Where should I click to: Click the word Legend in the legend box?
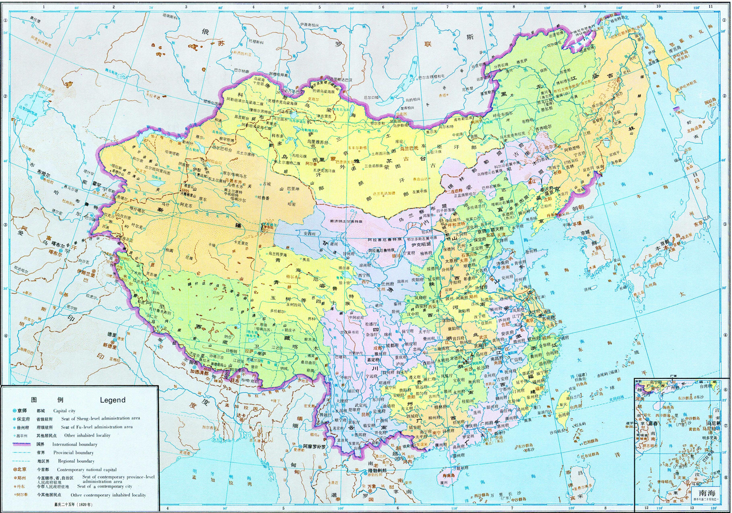(x=112, y=400)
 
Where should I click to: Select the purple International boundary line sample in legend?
(x=22, y=444)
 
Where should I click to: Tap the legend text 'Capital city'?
(x=64, y=411)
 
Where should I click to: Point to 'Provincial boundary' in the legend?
(x=74, y=452)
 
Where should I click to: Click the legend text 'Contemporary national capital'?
(x=86, y=470)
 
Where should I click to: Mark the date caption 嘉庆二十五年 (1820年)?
(x=74, y=505)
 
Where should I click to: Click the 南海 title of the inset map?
(x=707, y=493)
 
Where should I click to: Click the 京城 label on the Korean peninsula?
(x=585, y=232)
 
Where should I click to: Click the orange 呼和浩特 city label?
(x=455, y=224)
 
